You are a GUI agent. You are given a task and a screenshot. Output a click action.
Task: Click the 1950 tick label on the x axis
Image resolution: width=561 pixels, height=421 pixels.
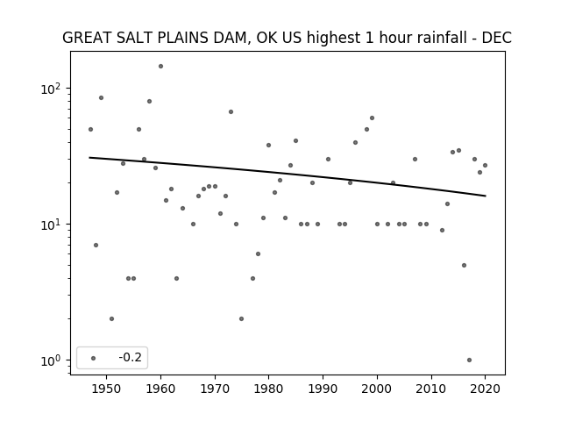106,389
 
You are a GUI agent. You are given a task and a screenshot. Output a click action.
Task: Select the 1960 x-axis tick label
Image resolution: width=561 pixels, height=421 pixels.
160,389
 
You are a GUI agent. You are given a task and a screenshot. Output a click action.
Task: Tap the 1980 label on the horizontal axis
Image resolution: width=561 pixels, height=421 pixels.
269,389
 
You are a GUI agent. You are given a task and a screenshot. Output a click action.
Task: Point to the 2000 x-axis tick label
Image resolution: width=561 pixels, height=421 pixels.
377,389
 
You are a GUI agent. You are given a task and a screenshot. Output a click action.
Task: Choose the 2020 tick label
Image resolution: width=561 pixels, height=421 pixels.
485,389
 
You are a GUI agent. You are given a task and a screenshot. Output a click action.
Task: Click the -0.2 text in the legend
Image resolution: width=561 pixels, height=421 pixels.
131,357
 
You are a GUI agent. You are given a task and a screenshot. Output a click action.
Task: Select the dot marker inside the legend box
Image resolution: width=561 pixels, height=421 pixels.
94,358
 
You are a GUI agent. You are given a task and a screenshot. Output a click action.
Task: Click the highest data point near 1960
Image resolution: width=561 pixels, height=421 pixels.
160,67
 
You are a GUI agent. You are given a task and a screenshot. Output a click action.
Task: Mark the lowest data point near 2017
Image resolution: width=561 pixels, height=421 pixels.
469,360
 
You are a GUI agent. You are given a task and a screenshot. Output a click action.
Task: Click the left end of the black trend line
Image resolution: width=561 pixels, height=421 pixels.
89,157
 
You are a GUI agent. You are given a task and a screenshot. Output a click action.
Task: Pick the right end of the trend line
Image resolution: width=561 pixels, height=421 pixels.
486,196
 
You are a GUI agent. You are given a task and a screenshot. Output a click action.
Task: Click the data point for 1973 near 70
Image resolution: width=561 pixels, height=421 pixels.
231,111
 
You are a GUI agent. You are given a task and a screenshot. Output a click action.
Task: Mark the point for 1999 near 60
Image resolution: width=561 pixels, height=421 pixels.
372,118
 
